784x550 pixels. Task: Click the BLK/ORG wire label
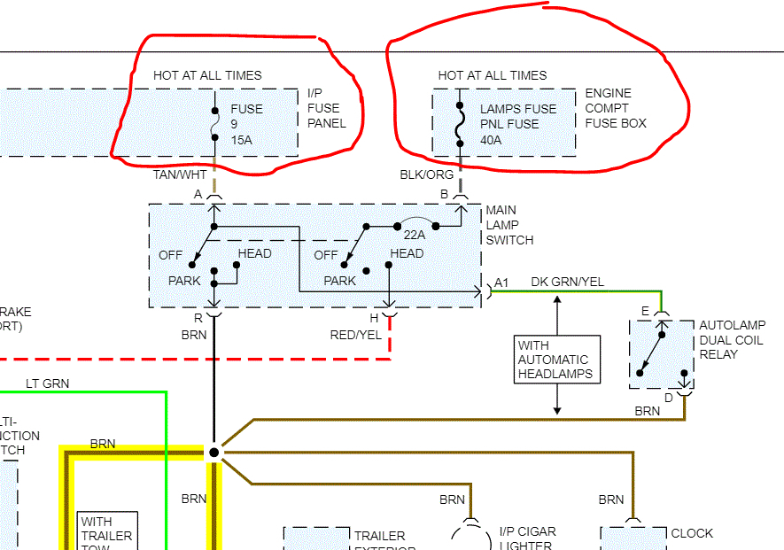coord(426,175)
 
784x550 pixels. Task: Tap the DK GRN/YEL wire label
coord(567,282)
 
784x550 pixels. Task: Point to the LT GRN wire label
coord(48,383)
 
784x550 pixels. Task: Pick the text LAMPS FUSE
coord(518,109)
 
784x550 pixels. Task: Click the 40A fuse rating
coord(491,140)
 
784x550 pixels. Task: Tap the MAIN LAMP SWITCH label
coord(509,225)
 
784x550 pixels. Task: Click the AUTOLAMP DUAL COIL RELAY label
coord(732,340)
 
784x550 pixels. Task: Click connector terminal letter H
coord(374,317)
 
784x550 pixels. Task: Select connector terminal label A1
coord(501,282)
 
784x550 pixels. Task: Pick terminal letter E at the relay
coord(645,311)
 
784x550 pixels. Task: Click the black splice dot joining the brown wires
coord(213,452)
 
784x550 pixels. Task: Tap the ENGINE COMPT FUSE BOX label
coord(615,108)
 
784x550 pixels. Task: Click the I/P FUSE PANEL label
coord(326,108)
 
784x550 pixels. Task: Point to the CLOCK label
coord(692,533)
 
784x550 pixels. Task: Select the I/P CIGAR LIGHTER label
coord(527,538)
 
